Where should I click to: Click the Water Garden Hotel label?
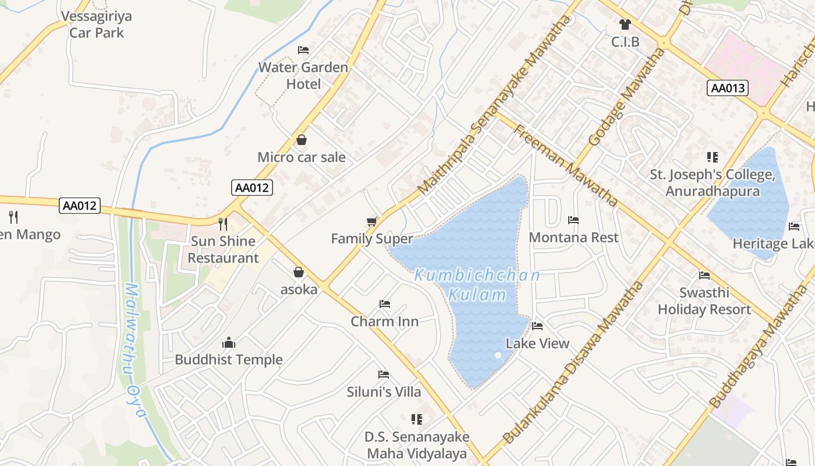[303, 76]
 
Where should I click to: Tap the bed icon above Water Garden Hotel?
[303, 50]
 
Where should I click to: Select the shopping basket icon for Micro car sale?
[302, 140]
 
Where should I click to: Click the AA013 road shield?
[728, 88]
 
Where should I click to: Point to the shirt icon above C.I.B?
[625, 24]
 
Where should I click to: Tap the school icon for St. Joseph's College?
[712, 157]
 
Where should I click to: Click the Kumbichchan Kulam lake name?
[477, 285]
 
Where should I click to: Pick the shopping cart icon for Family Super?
[371, 221]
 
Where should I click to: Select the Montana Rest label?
[573, 238]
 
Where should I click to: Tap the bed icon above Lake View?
[537, 326]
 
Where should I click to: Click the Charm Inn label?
[384, 322]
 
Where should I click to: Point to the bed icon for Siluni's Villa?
[384, 375]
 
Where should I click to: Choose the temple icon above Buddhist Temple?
[229, 343]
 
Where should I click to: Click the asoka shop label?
[299, 290]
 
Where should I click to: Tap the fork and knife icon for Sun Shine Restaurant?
[223, 224]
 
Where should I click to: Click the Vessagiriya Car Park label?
[97, 24]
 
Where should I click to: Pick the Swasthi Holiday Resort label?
[704, 301]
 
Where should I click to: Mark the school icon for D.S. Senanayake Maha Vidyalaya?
[416, 419]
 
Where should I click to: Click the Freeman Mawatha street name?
[565, 165]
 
